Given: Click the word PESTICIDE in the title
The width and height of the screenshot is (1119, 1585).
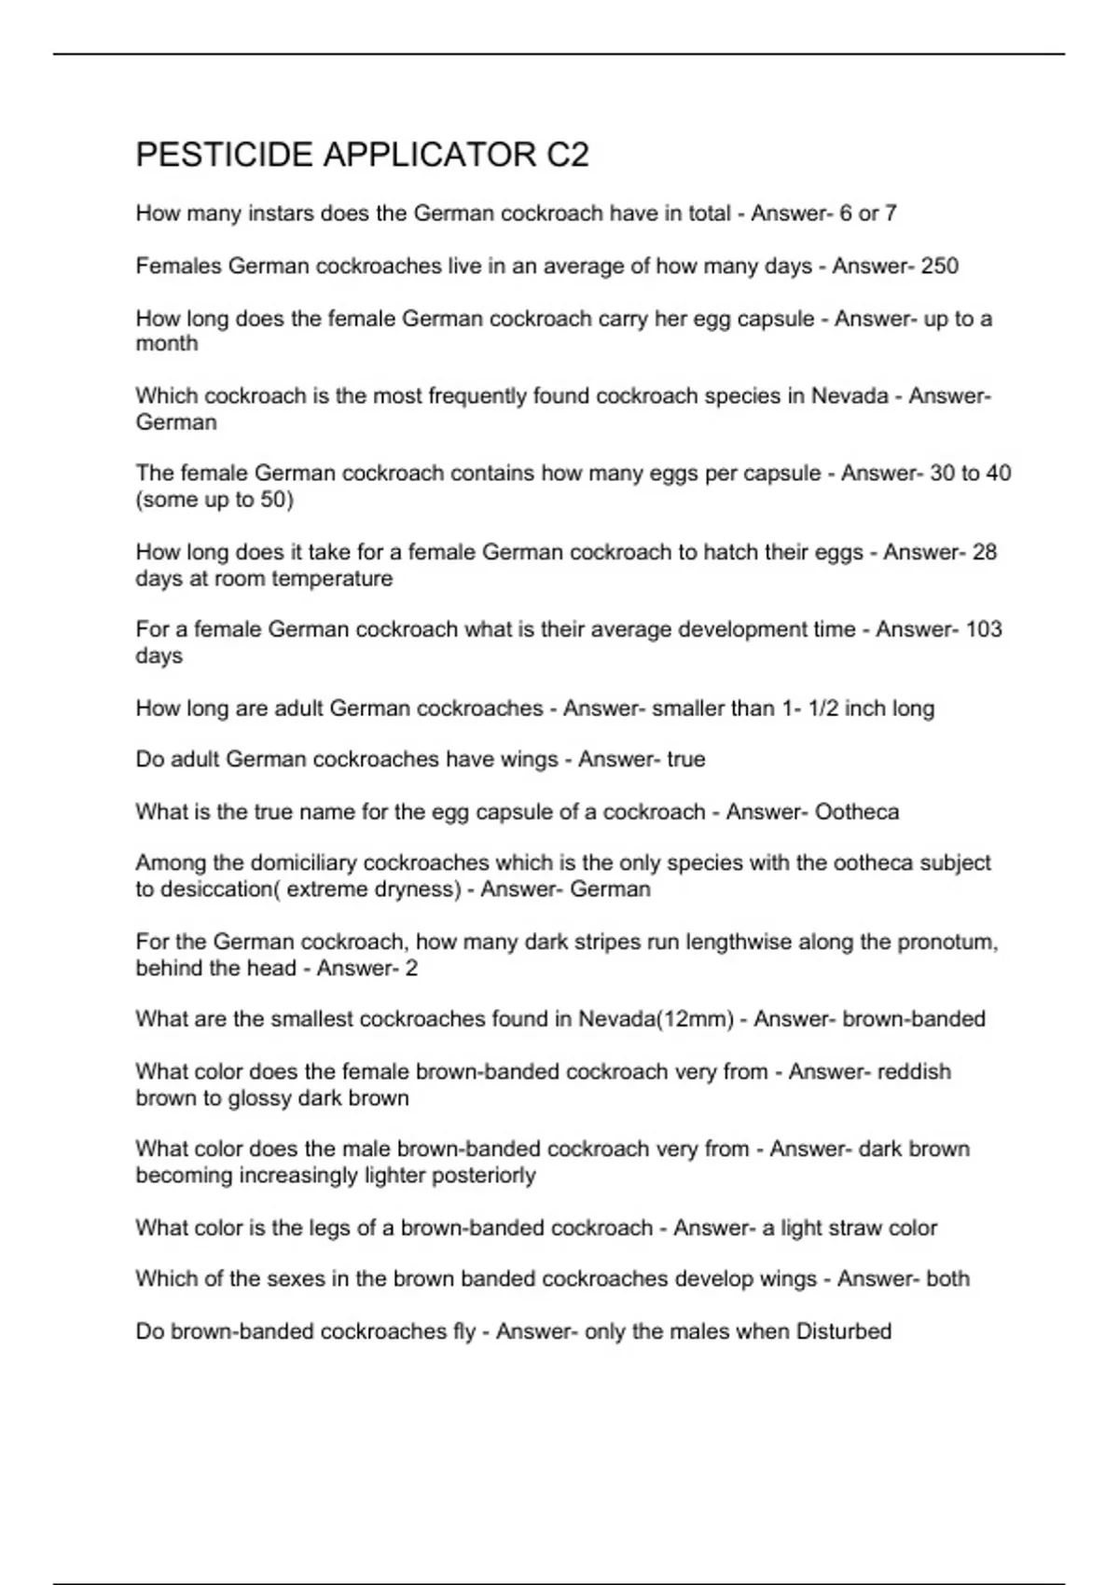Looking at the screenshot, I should (x=224, y=155).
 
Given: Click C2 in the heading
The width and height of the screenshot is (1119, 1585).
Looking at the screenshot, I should (x=567, y=155).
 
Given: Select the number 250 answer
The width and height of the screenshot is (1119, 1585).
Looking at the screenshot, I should (x=939, y=267).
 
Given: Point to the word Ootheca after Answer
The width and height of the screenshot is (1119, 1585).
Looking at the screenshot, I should (x=856, y=812).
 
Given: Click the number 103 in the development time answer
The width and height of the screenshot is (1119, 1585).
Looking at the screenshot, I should (x=983, y=629).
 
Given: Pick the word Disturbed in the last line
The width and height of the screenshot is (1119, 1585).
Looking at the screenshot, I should (x=843, y=1331).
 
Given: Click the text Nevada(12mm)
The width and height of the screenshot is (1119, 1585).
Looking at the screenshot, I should (x=656, y=1019).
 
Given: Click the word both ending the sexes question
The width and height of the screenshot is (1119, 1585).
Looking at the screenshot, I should (x=947, y=1279).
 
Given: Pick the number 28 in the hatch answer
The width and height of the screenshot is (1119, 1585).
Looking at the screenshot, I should (x=984, y=552).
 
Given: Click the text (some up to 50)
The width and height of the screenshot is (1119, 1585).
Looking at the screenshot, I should (x=214, y=500).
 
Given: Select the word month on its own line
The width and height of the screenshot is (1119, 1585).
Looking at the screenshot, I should (x=167, y=344).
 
